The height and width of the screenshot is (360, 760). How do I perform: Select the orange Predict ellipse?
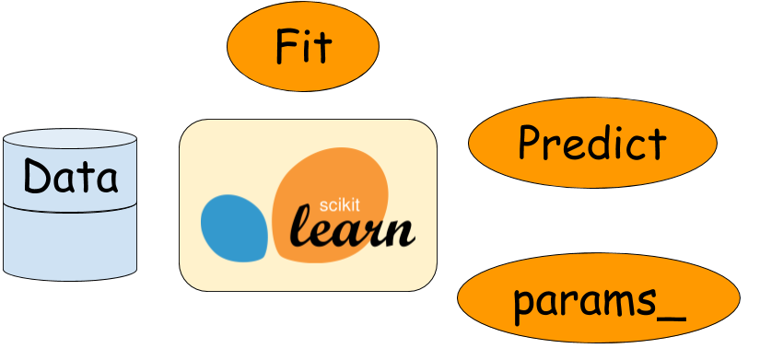pyautogui.click(x=592, y=143)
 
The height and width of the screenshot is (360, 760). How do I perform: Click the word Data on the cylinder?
pyautogui.click(x=71, y=175)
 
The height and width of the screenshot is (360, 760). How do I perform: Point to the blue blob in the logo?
pyautogui.click(x=235, y=226)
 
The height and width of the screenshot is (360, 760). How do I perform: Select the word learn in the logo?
pyautogui.click(x=353, y=230)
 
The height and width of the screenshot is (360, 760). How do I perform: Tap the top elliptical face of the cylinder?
pyautogui.click(x=70, y=140)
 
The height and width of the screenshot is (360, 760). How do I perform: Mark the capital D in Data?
pyautogui.click(x=37, y=175)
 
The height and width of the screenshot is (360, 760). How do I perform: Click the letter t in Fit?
pyautogui.click(x=322, y=46)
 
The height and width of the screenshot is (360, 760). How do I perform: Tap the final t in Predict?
pyautogui.click(x=656, y=144)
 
